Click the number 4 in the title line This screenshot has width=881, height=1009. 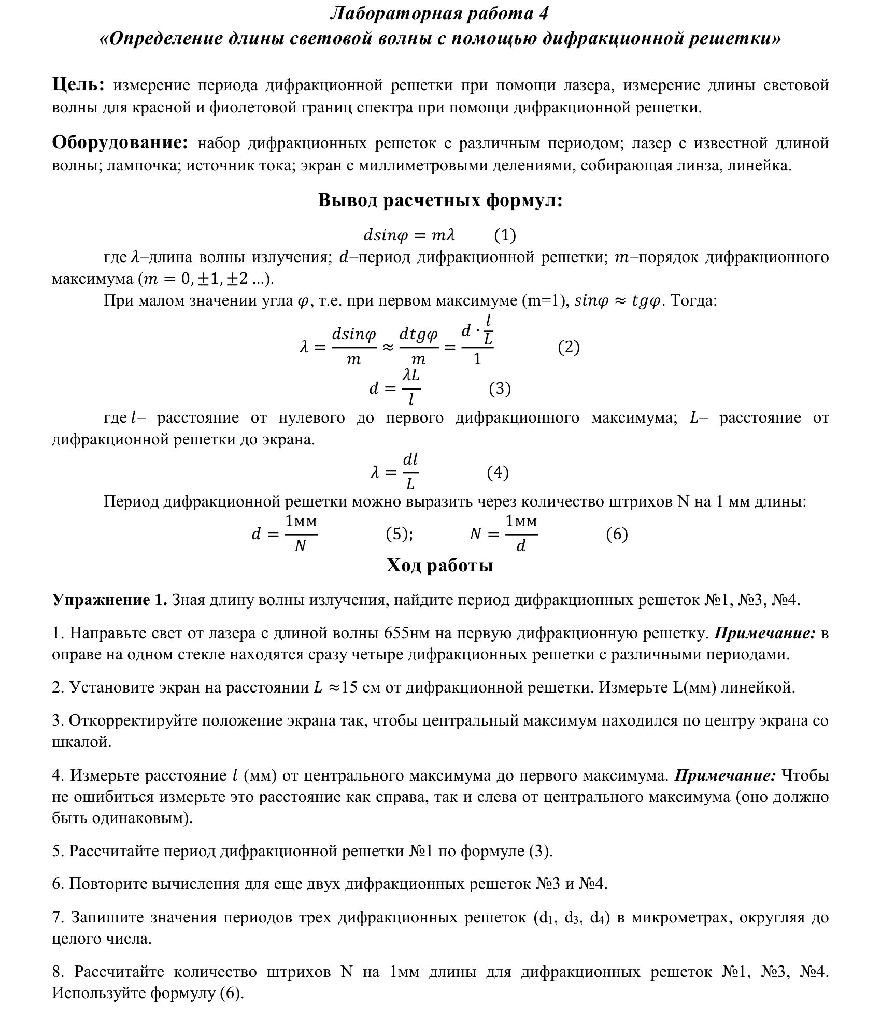click(543, 14)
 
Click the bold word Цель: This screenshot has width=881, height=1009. click(79, 85)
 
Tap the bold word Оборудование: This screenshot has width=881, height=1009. click(120, 143)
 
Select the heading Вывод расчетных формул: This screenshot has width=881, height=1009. click(440, 200)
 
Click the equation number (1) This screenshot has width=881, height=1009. click(504, 235)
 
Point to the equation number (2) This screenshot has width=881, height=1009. click(569, 347)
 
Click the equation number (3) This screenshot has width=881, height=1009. click(500, 388)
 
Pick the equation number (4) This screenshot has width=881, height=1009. click(498, 472)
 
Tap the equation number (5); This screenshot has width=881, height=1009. click(399, 534)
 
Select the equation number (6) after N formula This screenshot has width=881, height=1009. click(617, 534)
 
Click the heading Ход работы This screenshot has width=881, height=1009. click(439, 566)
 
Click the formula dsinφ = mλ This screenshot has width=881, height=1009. click(408, 236)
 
